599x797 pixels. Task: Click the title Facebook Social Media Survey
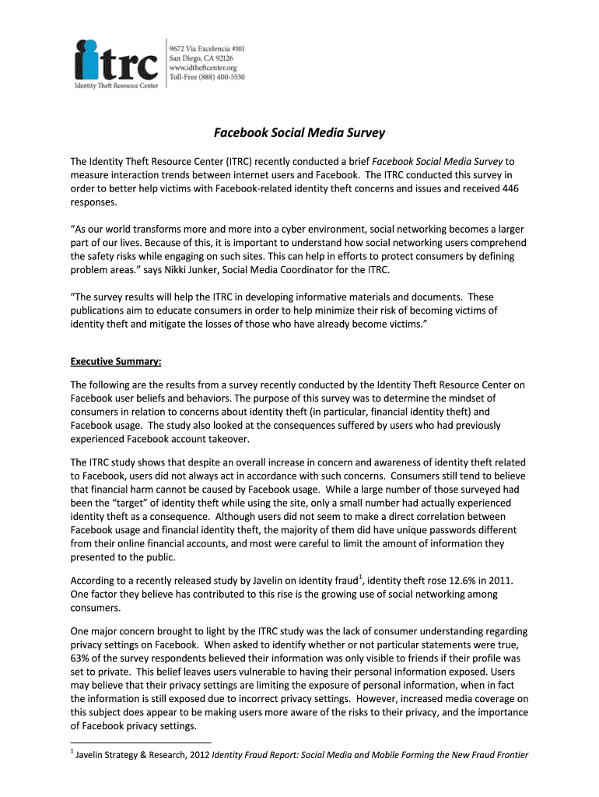pyautogui.click(x=299, y=133)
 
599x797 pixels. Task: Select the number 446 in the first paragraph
pyautogui.click(x=510, y=188)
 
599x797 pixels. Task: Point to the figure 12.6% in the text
pyautogui.click(x=447, y=581)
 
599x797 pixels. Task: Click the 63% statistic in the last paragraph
pyautogui.click(x=80, y=657)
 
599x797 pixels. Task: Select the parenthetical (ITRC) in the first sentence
pyautogui.click(x=240, y=161)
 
